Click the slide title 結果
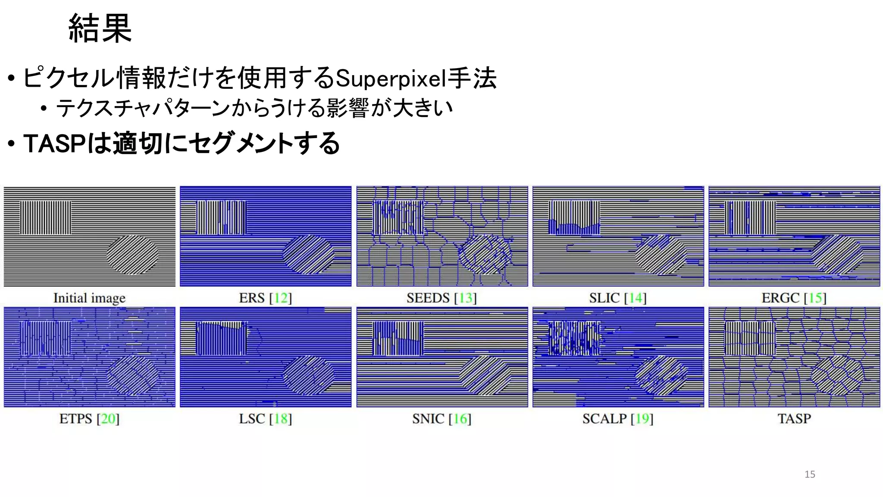pos(100,28)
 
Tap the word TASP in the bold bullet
pos(55,143)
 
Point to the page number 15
pos(810,474)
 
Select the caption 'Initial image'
pos(89,298)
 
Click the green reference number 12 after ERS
pos(281,298)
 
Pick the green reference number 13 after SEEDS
pos(465,298)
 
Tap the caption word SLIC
pos(604,298)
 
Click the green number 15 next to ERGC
pos(814,298)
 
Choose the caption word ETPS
pos(75,418)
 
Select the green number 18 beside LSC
pos(281,418)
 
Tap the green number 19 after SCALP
pos(642,418)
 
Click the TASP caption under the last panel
pos(794,418)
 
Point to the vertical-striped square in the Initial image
pos(46,217)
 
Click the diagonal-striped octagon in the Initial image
pos(132,255)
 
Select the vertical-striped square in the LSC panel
pos(222,338)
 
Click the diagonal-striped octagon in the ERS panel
pos(309,255)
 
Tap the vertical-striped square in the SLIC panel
pos(574,217)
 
